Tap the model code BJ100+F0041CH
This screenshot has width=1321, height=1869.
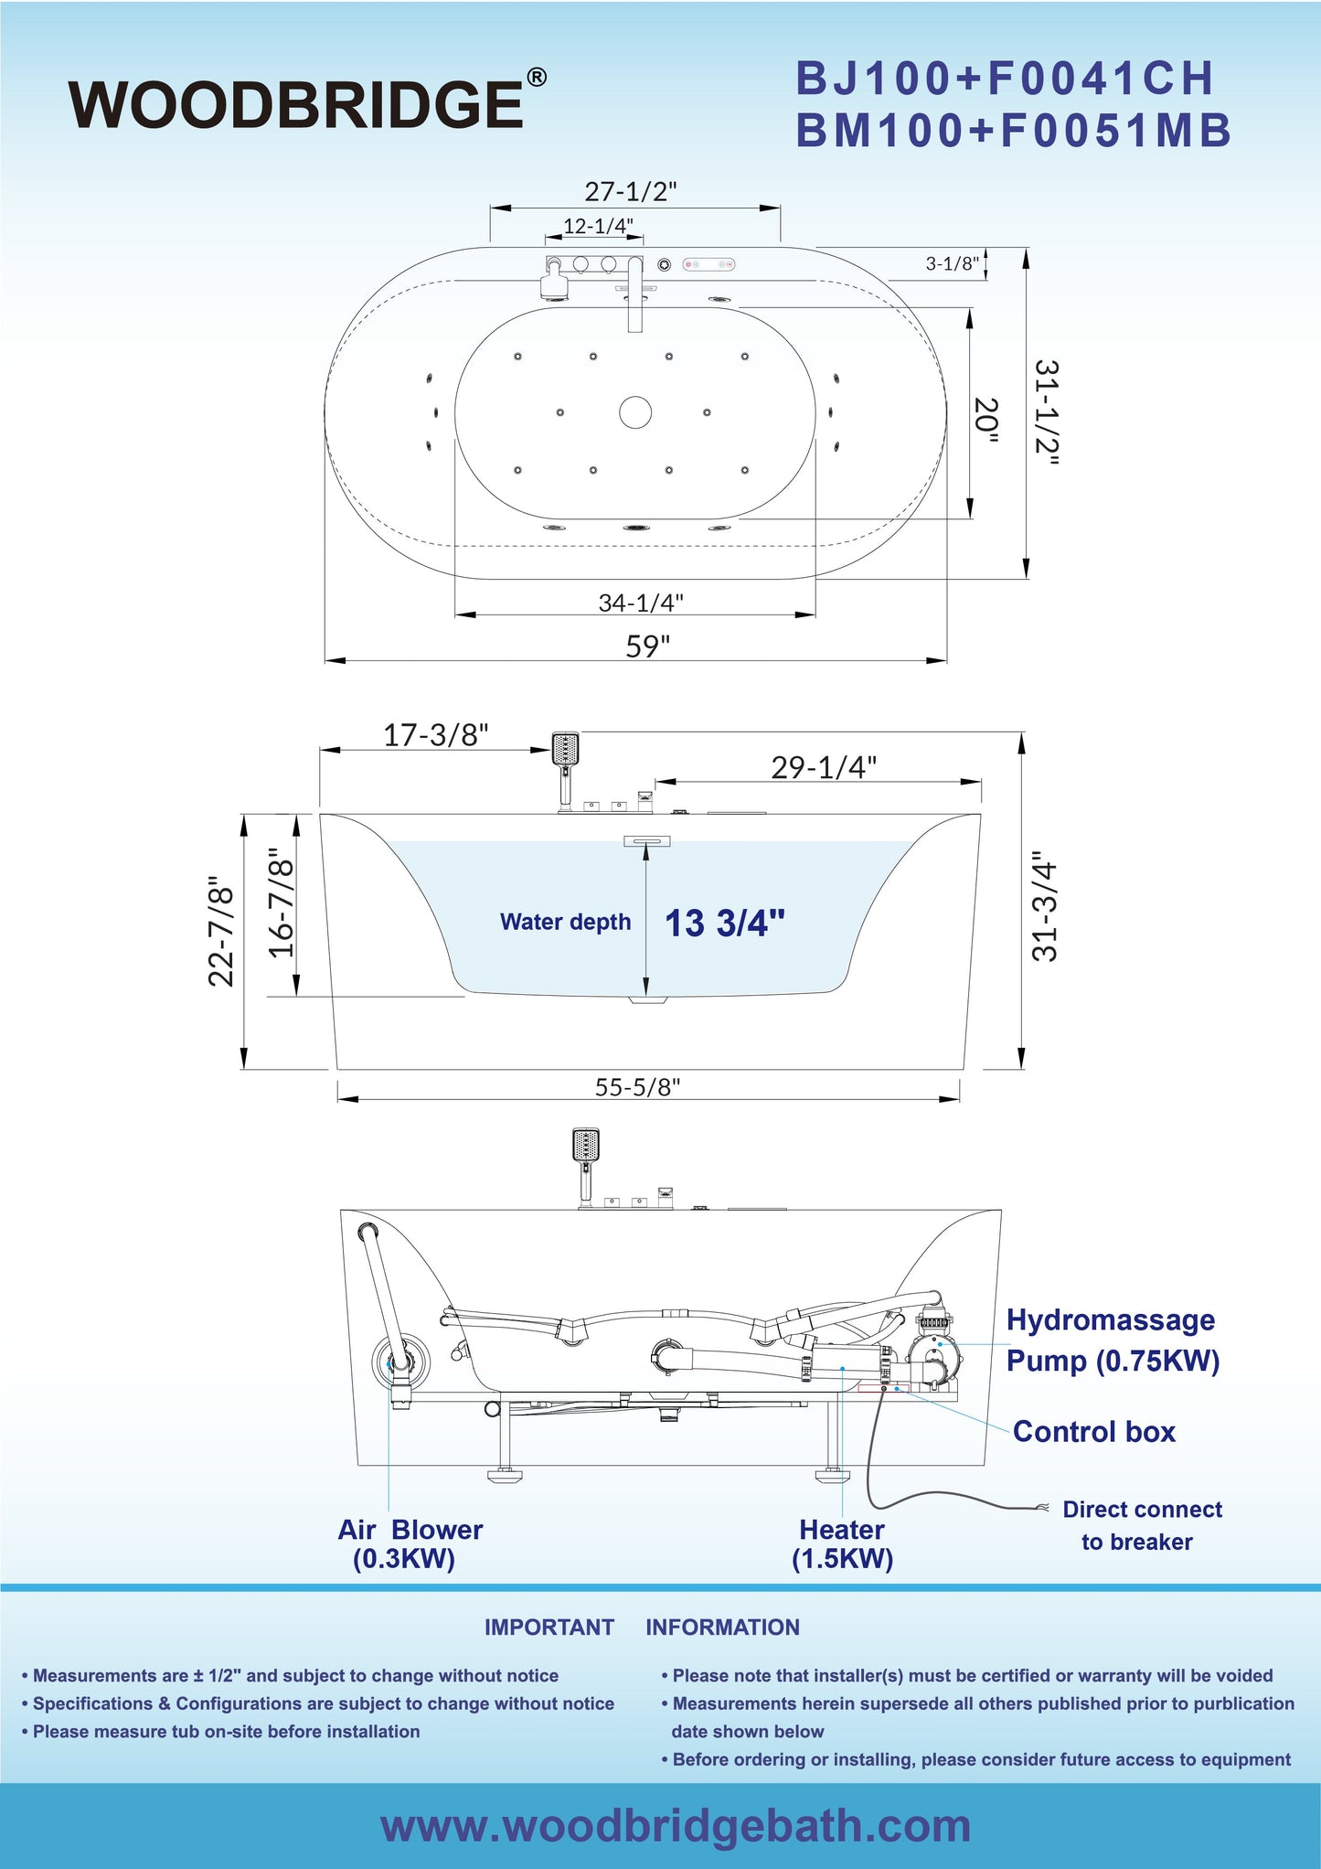click(x=1005, y=79)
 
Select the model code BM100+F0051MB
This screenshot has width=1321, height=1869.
click(x=1014, y=131)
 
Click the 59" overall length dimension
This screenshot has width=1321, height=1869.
click(x=647, y=646)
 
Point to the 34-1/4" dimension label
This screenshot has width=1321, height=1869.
click(x=641, y=603)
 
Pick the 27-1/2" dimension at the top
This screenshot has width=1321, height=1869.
click(x=631, y=191)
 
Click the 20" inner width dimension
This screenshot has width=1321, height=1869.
click(x=986, y=420)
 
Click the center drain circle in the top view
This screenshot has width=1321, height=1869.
click(x=635, y=412)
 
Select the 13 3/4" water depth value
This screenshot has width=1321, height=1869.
click(x=725, y=923)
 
